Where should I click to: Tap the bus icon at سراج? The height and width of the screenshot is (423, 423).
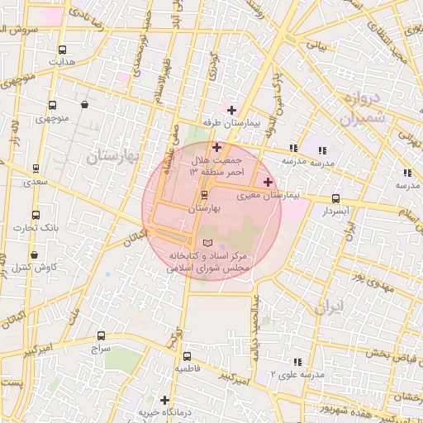click(x=101, y=336)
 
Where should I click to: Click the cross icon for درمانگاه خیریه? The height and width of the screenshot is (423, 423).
click(x=165, y=399)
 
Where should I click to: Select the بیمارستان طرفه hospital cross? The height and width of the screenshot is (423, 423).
click(x=231, y=109)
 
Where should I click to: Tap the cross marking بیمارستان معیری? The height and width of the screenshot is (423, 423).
click(x=267, y=182)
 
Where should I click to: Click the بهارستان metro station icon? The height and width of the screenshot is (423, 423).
click(x=204, y=194)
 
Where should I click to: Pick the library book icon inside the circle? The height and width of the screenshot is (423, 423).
click(x=207, y=242)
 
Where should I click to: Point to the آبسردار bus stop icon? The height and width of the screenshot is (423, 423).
click(x=335, y=198)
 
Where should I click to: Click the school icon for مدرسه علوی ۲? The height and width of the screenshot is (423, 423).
click(x=296, y=361)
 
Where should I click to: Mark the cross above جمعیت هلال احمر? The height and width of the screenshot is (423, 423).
click(x=216, y=146)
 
